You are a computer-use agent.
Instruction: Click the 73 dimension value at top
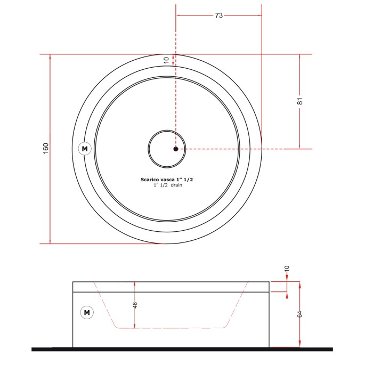[x=218, y=15]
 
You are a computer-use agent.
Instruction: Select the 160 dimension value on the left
[x=46, y=149]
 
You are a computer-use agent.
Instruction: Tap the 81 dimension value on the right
[x=300, y=101]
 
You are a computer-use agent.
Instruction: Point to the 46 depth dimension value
[x=135, y=305]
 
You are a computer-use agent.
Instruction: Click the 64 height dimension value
[x=299, y=314]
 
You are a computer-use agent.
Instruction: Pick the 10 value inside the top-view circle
[x=166, y=60]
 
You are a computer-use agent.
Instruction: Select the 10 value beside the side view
[x=287, y=269]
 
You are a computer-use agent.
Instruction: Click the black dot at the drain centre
[x=176, y=149]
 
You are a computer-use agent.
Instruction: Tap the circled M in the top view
[x=85, y=149]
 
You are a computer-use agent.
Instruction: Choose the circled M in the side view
[x=87, y=313]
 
